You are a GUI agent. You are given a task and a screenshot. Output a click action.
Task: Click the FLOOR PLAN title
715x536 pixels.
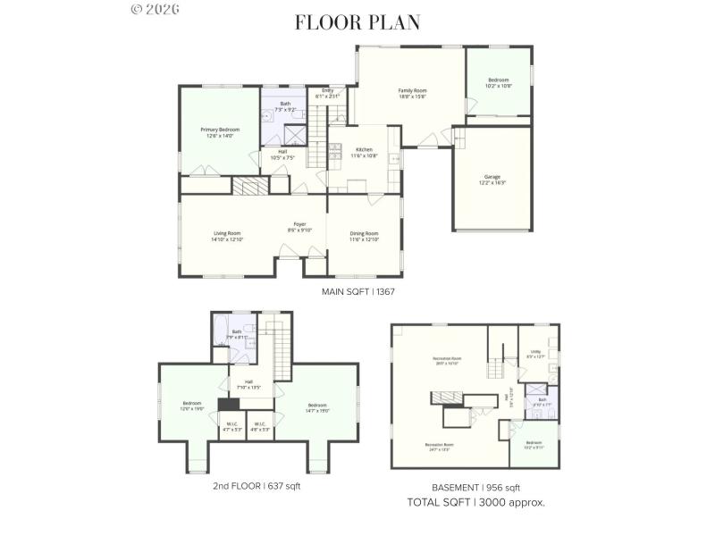click(357, 22)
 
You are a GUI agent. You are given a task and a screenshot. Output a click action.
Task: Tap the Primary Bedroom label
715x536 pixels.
click(220, 132)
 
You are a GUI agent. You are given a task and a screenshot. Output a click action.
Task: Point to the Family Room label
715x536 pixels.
click(412, 93)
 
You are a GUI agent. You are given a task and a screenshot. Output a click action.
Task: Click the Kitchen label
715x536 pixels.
click(365, 152)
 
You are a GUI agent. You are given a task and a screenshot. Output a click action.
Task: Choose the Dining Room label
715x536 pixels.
click(364, 236)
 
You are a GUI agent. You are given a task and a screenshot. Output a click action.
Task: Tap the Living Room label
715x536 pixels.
click(227, 236)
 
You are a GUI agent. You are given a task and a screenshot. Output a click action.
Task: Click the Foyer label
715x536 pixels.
click(300, 227)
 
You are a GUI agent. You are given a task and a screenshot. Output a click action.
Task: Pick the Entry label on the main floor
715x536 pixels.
click(327, 93)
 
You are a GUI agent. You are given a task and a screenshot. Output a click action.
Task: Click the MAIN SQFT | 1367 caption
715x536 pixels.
click(357, 292)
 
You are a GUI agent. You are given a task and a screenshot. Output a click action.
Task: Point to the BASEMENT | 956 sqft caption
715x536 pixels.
click(475, 488)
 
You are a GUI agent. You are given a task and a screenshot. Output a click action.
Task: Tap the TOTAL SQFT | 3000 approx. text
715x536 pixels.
click(475, 502)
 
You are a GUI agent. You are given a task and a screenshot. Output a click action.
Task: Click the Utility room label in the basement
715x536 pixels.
click(536, 355)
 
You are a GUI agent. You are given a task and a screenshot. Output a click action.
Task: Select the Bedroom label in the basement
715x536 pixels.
click(534, 444)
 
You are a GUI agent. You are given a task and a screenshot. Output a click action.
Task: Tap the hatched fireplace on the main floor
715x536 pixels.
click(250, 185)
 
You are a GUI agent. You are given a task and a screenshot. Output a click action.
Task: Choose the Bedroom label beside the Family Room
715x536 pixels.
click(498, 83)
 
